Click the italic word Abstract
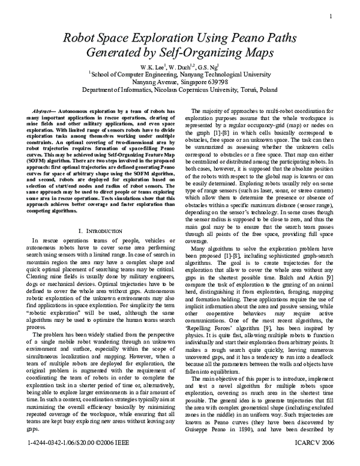coord(41,112)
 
